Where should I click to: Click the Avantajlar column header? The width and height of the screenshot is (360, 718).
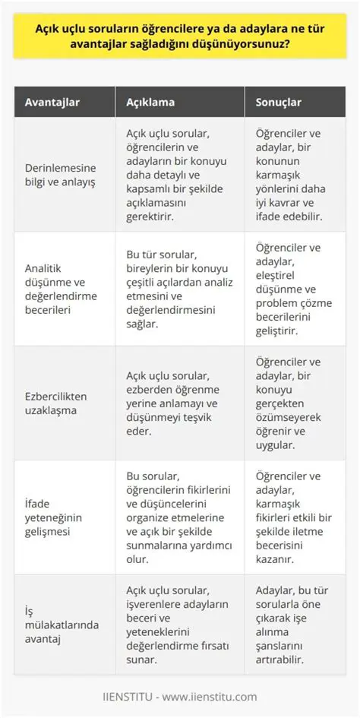pyautogui.click(x=55, y=102)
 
